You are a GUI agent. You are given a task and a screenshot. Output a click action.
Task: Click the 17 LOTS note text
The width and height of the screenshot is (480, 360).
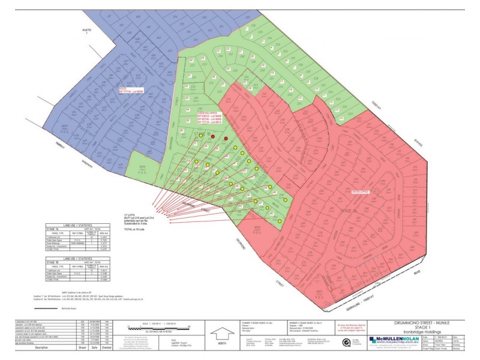coord(127,214)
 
